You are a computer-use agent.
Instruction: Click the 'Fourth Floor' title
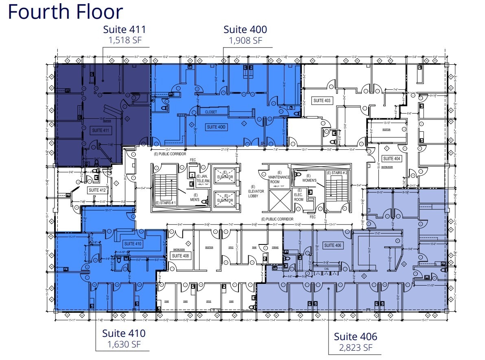pos(65,12)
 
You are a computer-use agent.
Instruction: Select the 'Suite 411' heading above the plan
pos(124,30)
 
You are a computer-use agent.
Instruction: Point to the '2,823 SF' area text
pos(355,347)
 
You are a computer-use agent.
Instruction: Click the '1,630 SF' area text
pos(123,344)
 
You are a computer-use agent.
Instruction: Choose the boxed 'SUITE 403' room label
pos(322,100)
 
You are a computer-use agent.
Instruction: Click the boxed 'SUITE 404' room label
pos(391,159)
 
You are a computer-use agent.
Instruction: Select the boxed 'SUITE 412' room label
pos(97,190)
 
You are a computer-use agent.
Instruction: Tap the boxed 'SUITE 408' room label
pos(180,256)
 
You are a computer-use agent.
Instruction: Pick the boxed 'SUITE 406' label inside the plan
pos(332,245)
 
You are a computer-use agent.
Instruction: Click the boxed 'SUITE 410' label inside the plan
pos(133,244)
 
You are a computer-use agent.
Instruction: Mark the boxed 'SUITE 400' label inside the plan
pos(217,127)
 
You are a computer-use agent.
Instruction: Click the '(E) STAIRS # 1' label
pos(165,203)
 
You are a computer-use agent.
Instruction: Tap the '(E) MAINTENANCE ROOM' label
pos(279,177)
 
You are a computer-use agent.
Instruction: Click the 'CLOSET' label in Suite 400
pos(211,112)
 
